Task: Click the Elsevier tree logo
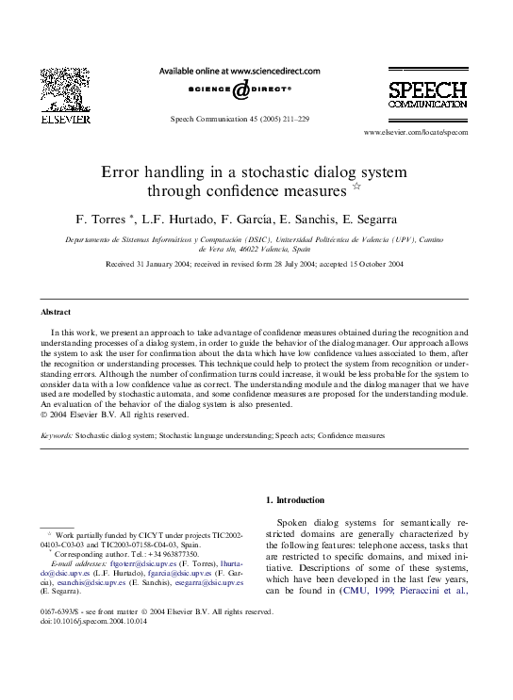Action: point(65,90)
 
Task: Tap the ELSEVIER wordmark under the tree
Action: point(65,121)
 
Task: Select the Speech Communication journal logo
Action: point(427,95)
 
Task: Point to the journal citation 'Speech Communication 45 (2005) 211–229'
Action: point(239,120)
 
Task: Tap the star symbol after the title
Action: point(356,189)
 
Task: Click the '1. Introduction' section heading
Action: point(294,500)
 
